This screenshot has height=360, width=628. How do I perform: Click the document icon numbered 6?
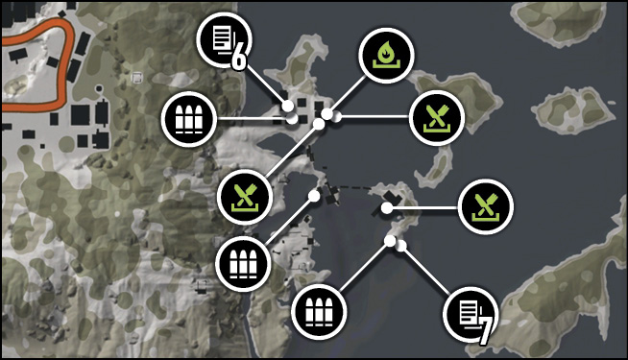[x=224, y=39]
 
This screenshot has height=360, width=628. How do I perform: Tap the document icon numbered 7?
[x=471, y=314]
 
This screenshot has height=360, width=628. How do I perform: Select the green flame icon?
[x=386, y=56]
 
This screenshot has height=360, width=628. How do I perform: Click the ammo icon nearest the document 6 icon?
[x=188, y=119]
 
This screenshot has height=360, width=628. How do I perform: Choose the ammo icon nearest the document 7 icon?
[x=319, y=312]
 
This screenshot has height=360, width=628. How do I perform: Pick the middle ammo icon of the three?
[x=243, y=264]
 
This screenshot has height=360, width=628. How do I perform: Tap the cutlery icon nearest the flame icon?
[x=437, y=118]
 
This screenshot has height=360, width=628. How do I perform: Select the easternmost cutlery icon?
[x=486, y=206]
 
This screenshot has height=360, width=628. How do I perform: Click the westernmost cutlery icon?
[x=245, y=197]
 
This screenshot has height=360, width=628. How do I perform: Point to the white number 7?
[x=485, y=331]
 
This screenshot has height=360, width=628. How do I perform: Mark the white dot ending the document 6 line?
[x=287, y=107]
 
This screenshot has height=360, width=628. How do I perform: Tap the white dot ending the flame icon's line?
[x=326, y=114]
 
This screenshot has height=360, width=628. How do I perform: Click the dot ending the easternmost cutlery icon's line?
[x=386, y=207]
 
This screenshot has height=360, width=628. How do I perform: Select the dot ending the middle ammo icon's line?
[x=314, y=196]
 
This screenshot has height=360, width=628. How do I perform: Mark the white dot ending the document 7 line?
[x=400, y=247]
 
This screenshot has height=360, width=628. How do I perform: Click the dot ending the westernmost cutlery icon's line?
[x=319, y=124]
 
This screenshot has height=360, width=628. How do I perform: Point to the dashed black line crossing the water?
[x=352, y=187]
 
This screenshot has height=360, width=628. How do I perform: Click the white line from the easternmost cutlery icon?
[x=424, y=207]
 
